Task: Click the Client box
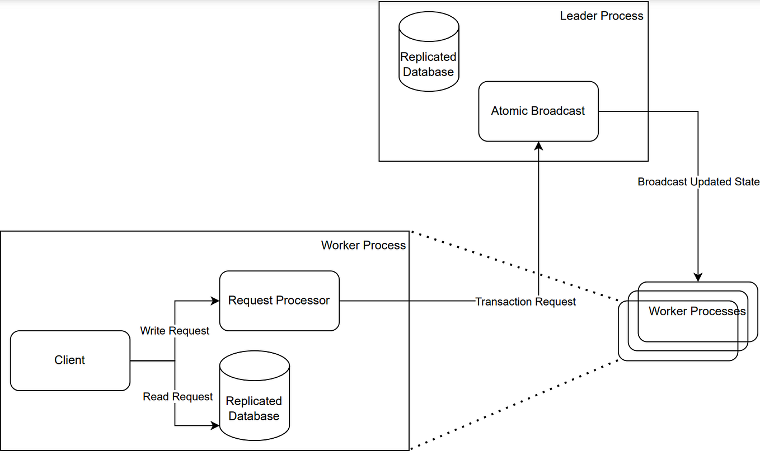pyautogui.click(x=70, y=360)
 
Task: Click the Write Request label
pyautogui.click(x=175, y=331)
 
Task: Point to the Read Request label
pyautogui.click(x=178, y=397)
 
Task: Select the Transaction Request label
pyautogui.click(x=525, y=302)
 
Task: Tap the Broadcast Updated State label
pyautogui.click(x=698, y=182)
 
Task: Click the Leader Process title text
pyautogui.click(x=602, y=16)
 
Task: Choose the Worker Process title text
pyautogui.click(x=363, y=245)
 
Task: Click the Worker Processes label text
pyautogui.click(x=697, y=311)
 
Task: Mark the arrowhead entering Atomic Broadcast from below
pyautogui.click(x=538, y=146)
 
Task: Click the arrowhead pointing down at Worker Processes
pyautogui.click(x=698, y=276)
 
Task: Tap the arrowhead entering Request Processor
pyautogui.click(x=215, y=301)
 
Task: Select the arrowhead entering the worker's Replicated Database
pyautogui.click(x=215, y=425)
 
